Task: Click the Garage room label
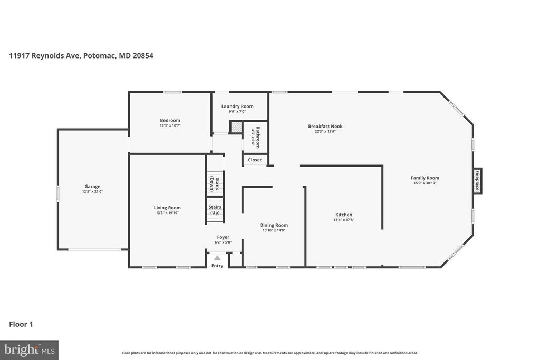92,186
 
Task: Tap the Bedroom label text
170,120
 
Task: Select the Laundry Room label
237,106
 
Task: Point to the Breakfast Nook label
325,126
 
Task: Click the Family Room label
425,178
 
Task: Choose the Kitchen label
343,215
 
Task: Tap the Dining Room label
274,225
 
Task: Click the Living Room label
167,208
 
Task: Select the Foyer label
223,237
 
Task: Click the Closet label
255,160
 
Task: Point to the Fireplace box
477,181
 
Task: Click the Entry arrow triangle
217,258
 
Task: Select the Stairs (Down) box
215,182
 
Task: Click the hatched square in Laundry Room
236,128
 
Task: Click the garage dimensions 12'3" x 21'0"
92,192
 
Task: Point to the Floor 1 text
21,324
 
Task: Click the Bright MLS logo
29,349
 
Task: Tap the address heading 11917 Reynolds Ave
81,55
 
